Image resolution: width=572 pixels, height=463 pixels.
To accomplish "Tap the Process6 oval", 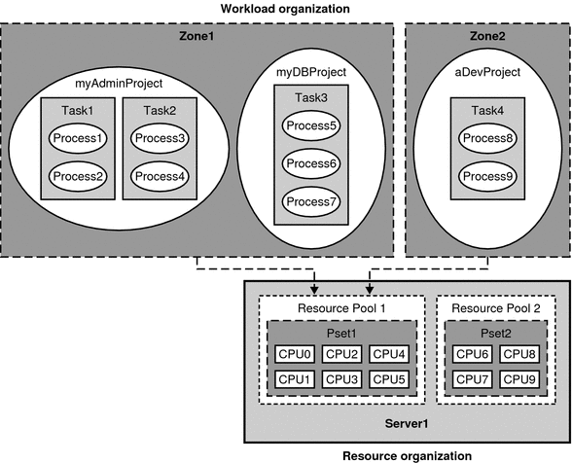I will point(311,163).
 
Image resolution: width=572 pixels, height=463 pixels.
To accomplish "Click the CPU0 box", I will point(294,354).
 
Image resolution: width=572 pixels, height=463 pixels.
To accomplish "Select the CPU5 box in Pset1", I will point(389,379).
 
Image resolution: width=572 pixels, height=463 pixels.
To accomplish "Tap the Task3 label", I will point(311,98).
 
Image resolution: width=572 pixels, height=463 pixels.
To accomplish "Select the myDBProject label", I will point(311,73).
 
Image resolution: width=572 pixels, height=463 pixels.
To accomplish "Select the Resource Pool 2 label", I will point(497,308).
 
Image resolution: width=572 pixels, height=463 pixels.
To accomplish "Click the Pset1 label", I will point(342,332).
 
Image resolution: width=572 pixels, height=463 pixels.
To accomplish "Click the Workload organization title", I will point(285,9).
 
